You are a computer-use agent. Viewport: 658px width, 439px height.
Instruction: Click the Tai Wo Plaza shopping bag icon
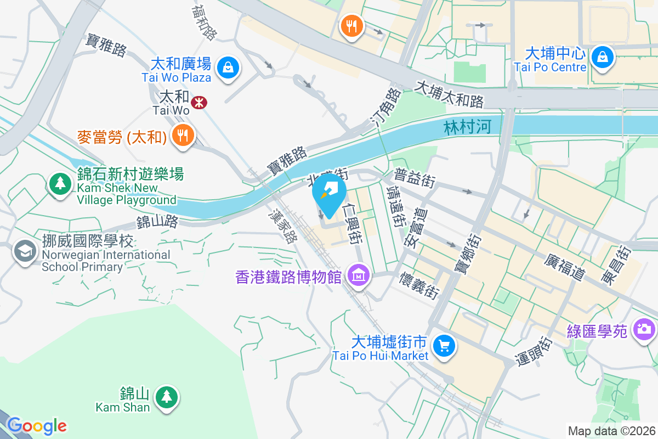click(x=226, y=68)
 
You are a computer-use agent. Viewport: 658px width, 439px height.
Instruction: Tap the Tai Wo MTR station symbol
click(x=198, y=100)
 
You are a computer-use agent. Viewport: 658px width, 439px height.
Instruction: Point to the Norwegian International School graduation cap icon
click(x=25, y=252)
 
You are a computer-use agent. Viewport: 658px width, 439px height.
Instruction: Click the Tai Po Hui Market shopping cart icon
click(x=444, y=346)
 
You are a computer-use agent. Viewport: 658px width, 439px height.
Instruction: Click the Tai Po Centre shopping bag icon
click(x=602, y=56)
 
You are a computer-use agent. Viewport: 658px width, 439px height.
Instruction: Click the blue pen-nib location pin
click(x=329, y=195)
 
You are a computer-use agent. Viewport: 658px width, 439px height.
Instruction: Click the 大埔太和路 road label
click(x=450, y=94)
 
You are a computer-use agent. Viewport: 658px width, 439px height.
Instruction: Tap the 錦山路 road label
click(x=158, y=222)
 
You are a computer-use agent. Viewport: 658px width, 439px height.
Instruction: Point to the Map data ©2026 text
click(x=611, y=431)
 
